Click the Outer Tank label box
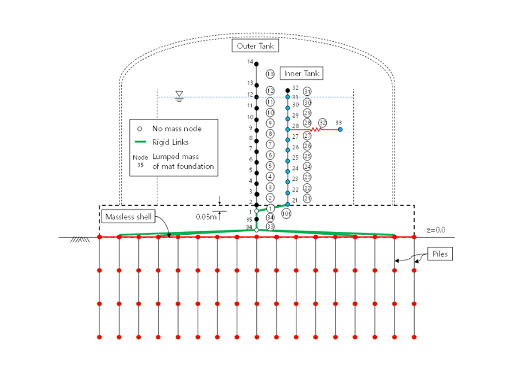tap(255, 46)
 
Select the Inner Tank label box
tap(302, 73)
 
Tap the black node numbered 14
tap(257, 64)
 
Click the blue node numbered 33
tap(340, 130)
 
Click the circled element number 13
tap(270, 74)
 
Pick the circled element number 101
tap(286, 213)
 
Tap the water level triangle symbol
tap(180, 94)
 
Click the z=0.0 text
tap(436, 230)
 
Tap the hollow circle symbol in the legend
tap(141, 129)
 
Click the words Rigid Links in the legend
tap(171, 142)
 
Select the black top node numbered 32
tap(288, 90)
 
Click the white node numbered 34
tap(257, 230)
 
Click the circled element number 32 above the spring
tap(322, 123)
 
